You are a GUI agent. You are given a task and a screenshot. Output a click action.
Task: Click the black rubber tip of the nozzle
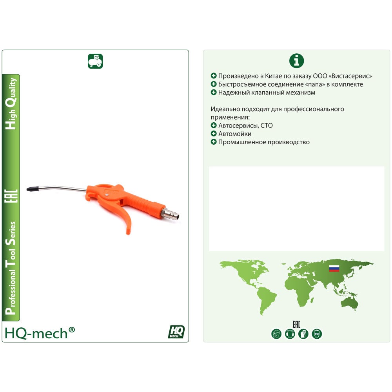tap(33, 188)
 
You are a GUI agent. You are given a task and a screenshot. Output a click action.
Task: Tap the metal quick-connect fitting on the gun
tap(171, 213)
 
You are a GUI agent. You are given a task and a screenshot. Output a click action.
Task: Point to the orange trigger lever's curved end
tap(128, 229)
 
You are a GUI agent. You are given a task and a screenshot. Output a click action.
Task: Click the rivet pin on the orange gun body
tap(107, 195)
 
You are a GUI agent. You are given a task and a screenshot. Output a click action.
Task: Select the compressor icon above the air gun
tap(95, 61)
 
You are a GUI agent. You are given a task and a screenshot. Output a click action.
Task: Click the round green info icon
tap(296, 61)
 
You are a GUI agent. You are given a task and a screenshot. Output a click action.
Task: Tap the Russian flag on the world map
tap(334, 269)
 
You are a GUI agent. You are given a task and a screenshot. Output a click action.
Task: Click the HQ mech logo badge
tap(176, 332)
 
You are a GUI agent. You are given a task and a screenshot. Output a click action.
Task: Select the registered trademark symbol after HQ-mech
tap(71, 330)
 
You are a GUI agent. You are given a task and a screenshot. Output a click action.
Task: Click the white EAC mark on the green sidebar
tap(11, 196)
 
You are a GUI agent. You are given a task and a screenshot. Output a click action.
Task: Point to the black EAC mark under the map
tap(296, 325)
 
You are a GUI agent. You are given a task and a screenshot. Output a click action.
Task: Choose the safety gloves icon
tap(303, 334)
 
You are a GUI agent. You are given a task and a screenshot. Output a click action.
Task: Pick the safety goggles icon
tap(317, 334)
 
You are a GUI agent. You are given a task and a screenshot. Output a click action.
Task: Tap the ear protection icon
tap(290, 334)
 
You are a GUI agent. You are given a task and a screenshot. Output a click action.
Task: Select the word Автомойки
tap(235, 134)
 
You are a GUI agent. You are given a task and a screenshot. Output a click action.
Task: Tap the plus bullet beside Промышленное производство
tap(214, 142)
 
